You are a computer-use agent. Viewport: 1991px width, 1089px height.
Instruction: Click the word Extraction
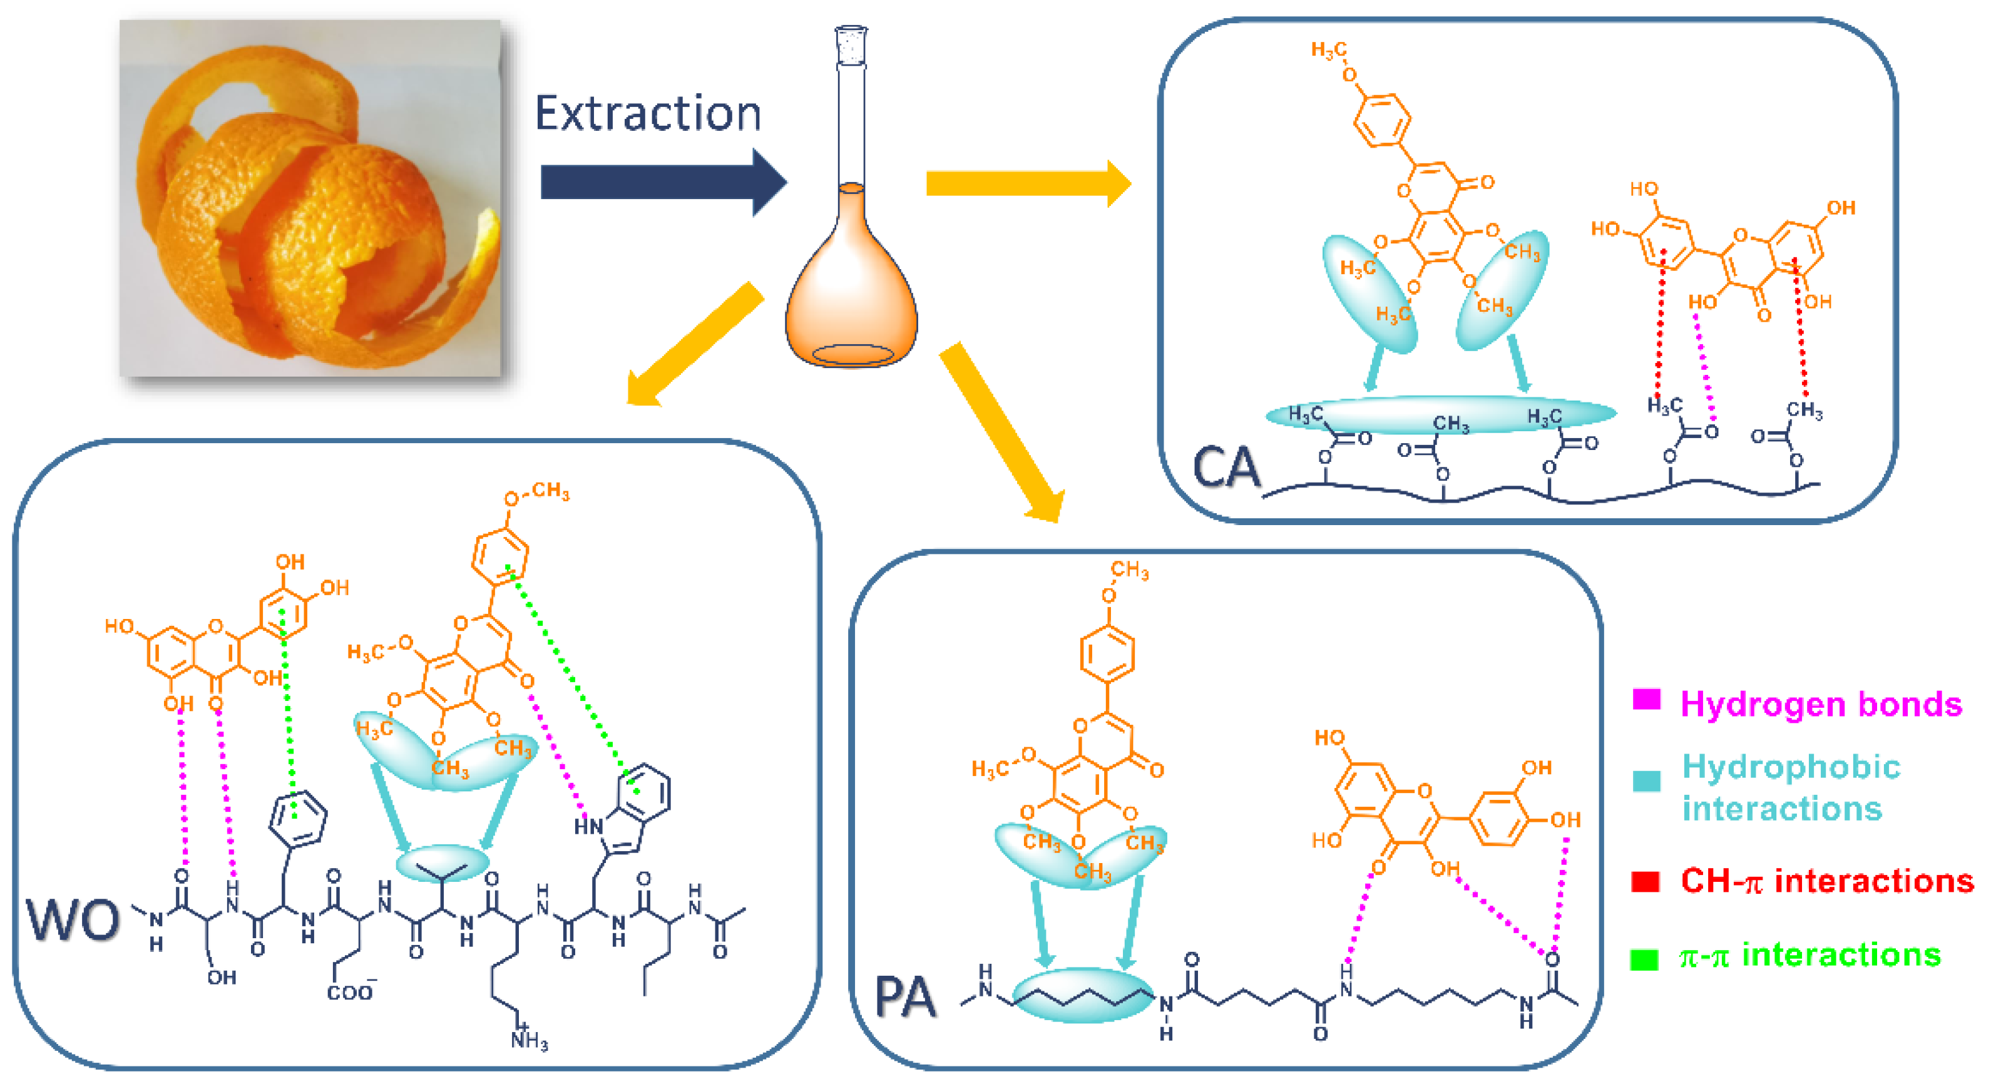coord(648,114)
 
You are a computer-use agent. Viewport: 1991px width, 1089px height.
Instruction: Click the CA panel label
coord(1226,468)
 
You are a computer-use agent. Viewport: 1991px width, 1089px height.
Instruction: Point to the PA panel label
coord(905,997)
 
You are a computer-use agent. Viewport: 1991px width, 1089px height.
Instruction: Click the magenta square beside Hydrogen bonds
coord(1646,700)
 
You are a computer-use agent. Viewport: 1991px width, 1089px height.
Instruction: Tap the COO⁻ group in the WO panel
coord(349,991)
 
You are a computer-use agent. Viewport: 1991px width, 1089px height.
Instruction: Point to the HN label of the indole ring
coord(588,827)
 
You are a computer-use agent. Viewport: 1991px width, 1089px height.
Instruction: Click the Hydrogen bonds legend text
coord(1821,704)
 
